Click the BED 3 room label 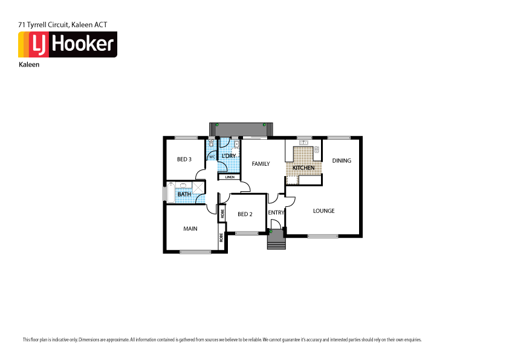[x=184, y=160]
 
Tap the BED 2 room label [x=244, y=214]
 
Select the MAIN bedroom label [x=190, y=229]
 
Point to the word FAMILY [x=261, y=163]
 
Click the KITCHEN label [x=303, y=168]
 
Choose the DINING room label [x=342, y=160]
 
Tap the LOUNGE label [x=323, y=211]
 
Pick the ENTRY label [x=276, y=212]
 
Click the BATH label [x=183, y=194]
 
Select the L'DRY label [x=229, y=156]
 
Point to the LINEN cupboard [x=230, y=177]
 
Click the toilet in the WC [x=211, y=145]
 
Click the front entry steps [x=276, y=241]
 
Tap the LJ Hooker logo [x=67, y=45]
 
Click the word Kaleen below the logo [x=29, y=65]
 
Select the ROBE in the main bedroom [x=221, y=239]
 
